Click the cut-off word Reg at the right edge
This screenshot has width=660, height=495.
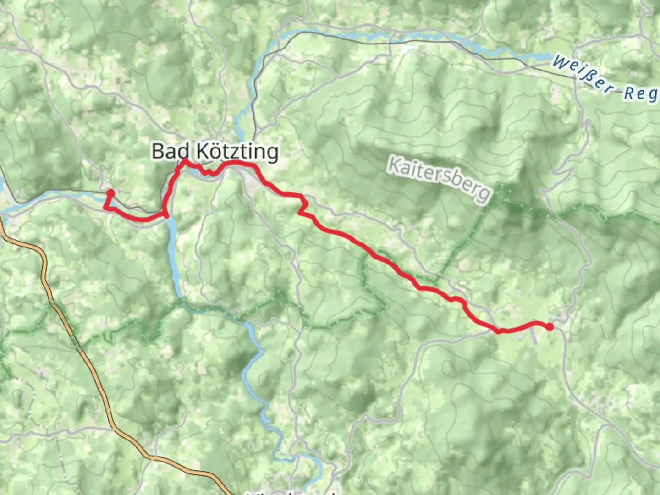pos(640,93)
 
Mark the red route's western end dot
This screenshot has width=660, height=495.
pos(110,193)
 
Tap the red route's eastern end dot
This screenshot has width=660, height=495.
pos(550,327)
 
